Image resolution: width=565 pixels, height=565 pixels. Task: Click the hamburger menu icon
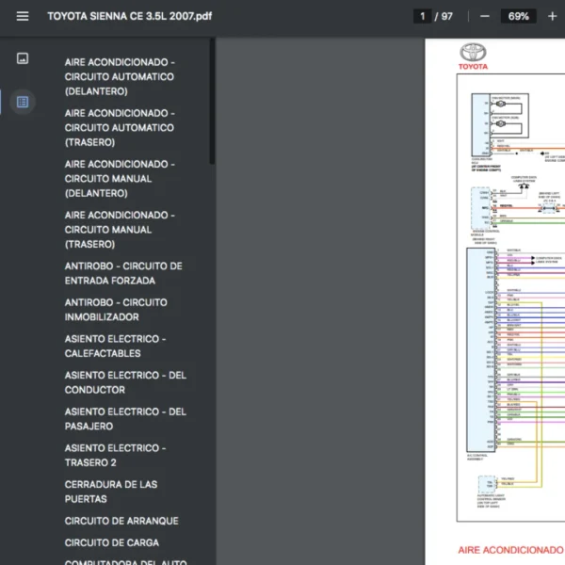point(23,16)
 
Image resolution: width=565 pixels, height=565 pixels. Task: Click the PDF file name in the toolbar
point(129,16)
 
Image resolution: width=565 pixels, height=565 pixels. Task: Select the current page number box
point(423,16)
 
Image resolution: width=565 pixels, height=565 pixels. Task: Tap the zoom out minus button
point(485,16)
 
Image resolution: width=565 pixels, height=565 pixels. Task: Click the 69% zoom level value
point(518,16)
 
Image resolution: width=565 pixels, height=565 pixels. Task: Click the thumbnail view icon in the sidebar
point(23,58)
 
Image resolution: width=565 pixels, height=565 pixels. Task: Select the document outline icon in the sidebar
point(23,101)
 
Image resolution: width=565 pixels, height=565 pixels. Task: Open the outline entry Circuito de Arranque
point(121,521)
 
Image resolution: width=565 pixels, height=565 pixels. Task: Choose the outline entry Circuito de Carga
point(112,542)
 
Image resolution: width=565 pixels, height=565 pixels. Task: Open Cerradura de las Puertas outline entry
point(111,492)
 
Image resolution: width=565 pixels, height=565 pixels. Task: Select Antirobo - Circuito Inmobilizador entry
point(116,310)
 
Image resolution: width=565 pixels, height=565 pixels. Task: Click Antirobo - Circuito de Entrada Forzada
point(123,273)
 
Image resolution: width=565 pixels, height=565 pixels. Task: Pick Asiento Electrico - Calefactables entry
point(115,346)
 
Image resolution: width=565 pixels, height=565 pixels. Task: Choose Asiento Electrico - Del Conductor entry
point(125,382)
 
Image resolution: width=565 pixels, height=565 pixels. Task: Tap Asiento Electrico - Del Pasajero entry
point(125,419)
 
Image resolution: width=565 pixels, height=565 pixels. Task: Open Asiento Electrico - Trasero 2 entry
point(115,455)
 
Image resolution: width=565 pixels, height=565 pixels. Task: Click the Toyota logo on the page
point(473,54)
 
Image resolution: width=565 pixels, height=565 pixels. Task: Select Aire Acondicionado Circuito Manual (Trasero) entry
point(120,230)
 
